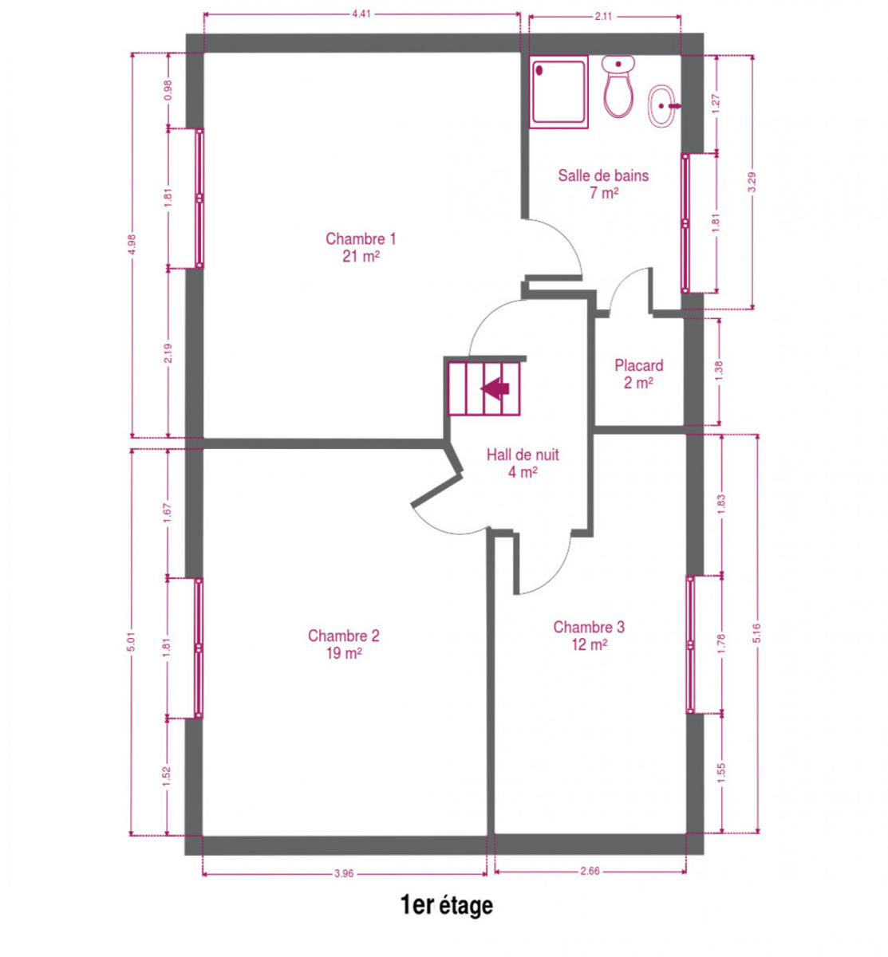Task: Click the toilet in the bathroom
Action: pyautogui.click(x=618, y=86)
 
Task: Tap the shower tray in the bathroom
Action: pyautogui.click(x=558, y=92)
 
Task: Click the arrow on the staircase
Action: pyautogui.click(x=495, y=388)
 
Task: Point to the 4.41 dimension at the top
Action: pyautogui.click(x=361, y=14)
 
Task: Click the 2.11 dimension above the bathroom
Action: pyautogui.click(x=602, y=17)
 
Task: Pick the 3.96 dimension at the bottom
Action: pyautogui.click(x=344, y=873)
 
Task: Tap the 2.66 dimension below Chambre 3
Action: pyautogui.click(x=590, y=871)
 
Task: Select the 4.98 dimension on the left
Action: pyautogui.click(x=132, y=244)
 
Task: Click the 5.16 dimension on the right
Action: pyautogui.click(x=757, y=632)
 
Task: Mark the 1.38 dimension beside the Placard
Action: pyautogui.click(x=719, y=371)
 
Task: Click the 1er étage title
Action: pyautogui.click(x=447, y=905)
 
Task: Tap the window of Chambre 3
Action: pyautogui.click(x=690, y=644)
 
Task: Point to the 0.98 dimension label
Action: pyautogui.click(x=168, y=90)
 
